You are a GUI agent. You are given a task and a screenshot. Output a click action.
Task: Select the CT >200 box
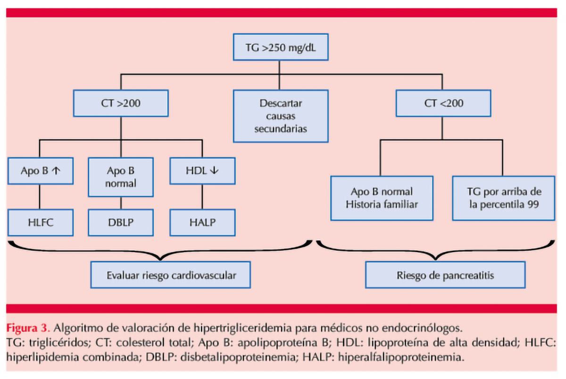coord(121,103)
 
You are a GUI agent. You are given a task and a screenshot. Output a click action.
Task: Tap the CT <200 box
coord(443,103)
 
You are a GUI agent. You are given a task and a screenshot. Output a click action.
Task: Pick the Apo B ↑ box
coord(40,171)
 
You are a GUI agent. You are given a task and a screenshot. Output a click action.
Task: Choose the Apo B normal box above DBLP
coord(121,177)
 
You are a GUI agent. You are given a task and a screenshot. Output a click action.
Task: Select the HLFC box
coord(40,223)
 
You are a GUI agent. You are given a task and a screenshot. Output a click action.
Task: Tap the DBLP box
coord(121,223)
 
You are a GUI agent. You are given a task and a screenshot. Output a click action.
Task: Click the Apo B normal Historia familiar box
coord(382,198)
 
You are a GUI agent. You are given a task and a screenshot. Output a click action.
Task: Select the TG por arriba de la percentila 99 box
coord(503,198)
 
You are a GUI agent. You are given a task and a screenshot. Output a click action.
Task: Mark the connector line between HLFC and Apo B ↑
coord(40,197)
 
